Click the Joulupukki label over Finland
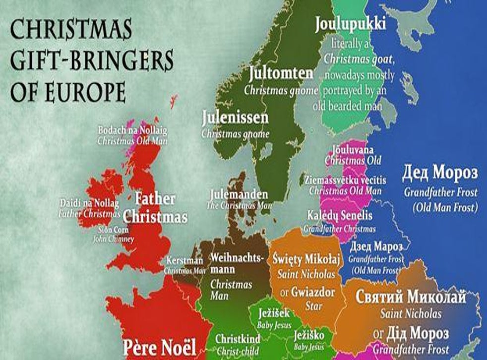350,24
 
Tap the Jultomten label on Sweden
281,74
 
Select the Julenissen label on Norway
236,118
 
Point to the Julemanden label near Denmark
239,194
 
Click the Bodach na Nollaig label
132,130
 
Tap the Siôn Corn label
114,230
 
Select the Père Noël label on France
160,346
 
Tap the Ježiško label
308,335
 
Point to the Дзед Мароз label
376,247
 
